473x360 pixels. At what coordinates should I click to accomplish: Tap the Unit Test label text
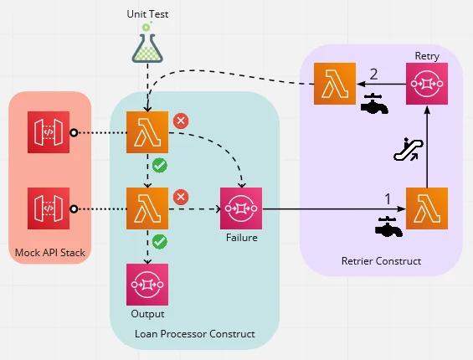[147, 14]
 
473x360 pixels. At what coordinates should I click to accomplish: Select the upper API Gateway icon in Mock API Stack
[48, 132]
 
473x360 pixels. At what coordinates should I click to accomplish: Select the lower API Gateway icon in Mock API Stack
[48, 208]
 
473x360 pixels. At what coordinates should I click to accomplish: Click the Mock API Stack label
[49, 252]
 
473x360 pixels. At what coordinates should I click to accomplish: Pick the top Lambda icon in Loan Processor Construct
[147, 132]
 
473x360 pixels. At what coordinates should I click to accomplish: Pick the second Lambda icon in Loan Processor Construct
[147, 208]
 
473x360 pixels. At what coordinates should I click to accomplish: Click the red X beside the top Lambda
[180, 121]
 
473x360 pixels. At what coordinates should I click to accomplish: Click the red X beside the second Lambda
[180, 197]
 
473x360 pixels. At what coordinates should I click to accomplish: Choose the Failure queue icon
[241, 208]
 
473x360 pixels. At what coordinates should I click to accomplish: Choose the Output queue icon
[147, 284]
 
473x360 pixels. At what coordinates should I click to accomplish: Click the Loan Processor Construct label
[194, 334]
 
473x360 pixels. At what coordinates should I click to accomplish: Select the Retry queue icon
[427, 83]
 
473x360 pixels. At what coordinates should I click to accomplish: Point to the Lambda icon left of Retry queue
[334, 84]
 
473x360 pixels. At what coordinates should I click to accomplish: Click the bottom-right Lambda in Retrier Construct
[427, 208]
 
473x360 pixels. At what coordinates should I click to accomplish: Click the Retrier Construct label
[381, 262]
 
